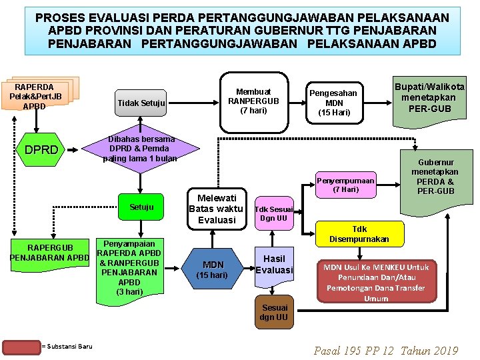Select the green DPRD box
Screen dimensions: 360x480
pyautogui.click(x=41, y=150)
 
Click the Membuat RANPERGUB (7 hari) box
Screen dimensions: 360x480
pyautogui.click(x=253, y=100)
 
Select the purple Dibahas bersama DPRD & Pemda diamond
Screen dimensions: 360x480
pyautogui.click(x=139, y=149)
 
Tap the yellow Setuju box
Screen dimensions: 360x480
pyautogui.click(x=141, y=207)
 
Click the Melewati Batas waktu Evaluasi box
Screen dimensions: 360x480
pyautogui.click(x=217, y=209)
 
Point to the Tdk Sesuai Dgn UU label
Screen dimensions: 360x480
pyautogui.click(x=273, y=213)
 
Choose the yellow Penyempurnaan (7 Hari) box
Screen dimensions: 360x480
pyautogui.click(x=345, y=185)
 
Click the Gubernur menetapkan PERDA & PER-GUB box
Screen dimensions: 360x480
pyautogui.click(x=436, y=177)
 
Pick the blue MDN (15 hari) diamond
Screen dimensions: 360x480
pyautogui.click(x=213, y=269)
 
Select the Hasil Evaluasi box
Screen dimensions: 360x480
pyautogui.click(x=274, y=265)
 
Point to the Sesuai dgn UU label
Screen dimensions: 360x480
pyautogui.click(x=274, y=312)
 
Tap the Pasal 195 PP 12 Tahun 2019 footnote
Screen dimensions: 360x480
pyautogui.click(x=386, y=350)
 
